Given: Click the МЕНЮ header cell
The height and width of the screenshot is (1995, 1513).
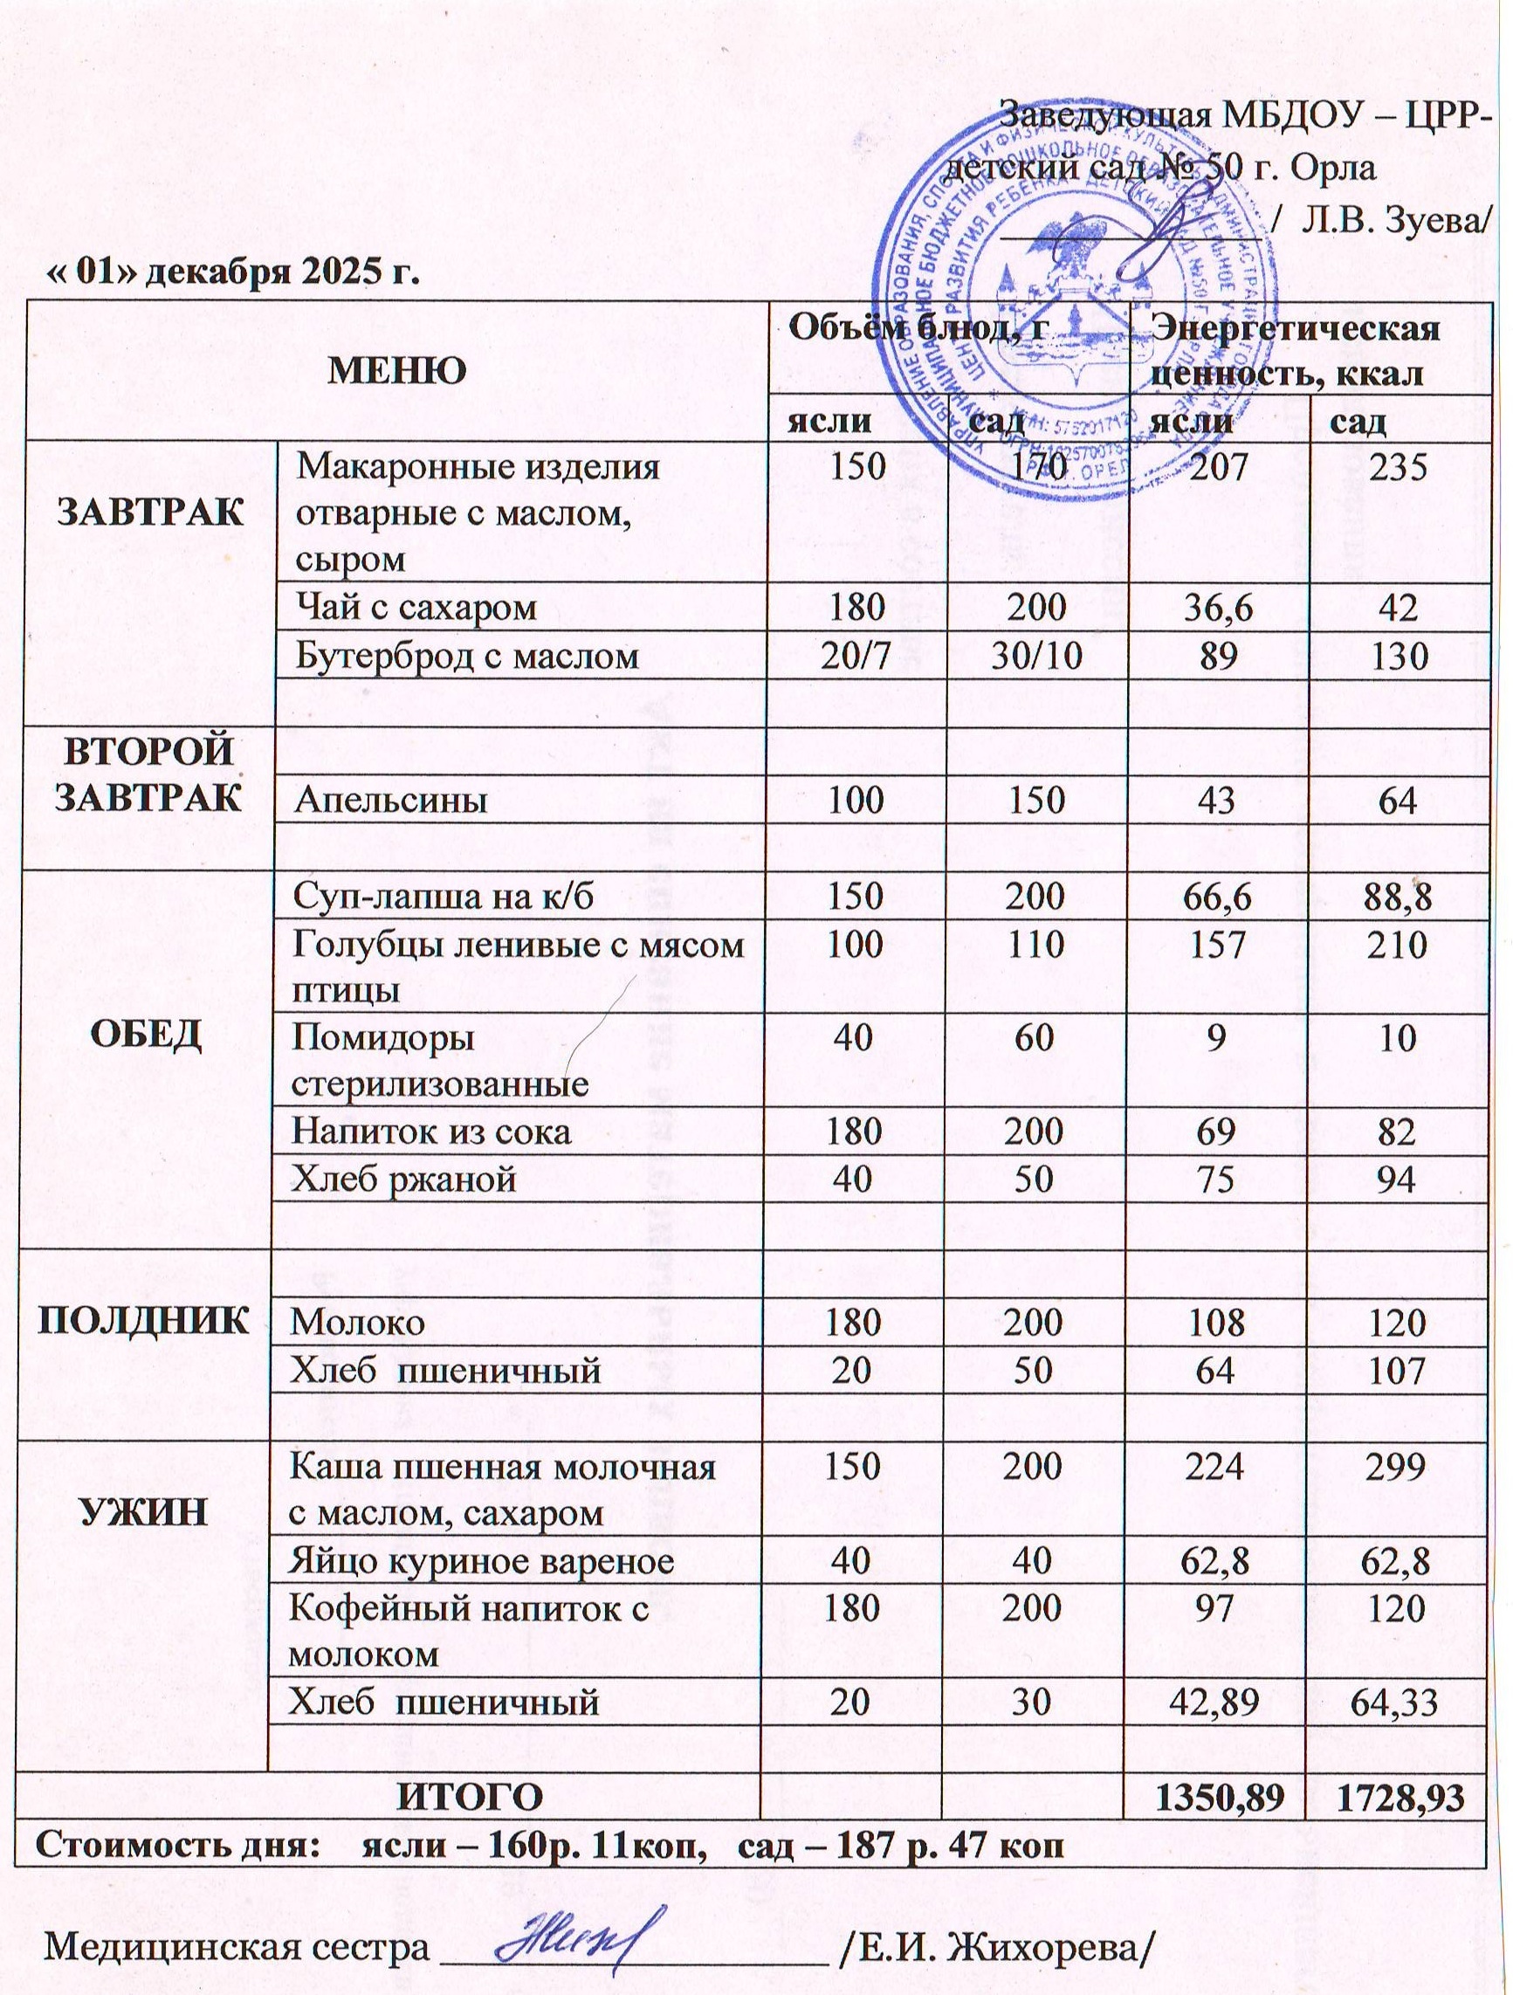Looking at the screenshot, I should [396, 370].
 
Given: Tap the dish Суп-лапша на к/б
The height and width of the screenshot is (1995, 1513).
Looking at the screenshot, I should [444, 896].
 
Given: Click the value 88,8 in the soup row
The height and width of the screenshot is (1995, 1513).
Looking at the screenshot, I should [1396, 896].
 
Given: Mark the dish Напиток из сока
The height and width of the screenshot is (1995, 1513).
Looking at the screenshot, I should [431, 1131].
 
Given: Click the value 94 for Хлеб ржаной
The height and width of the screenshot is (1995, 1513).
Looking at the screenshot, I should [1396, 1179].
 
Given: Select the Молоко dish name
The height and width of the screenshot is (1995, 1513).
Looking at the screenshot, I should [357, 1323].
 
